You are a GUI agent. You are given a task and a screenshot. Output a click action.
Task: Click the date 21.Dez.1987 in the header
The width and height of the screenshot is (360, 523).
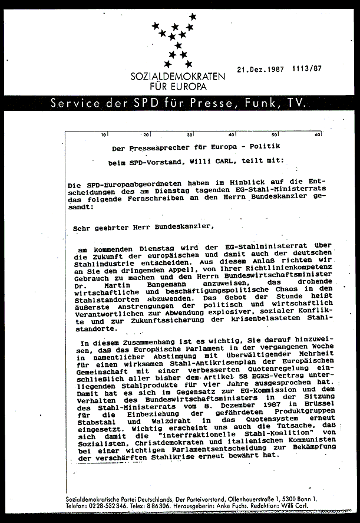pos(260,68)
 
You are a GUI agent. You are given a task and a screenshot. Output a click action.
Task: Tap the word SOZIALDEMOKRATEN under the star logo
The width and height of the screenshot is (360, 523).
pos(179,78)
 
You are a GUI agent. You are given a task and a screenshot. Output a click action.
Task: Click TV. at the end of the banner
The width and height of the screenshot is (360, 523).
pos(298,103)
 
